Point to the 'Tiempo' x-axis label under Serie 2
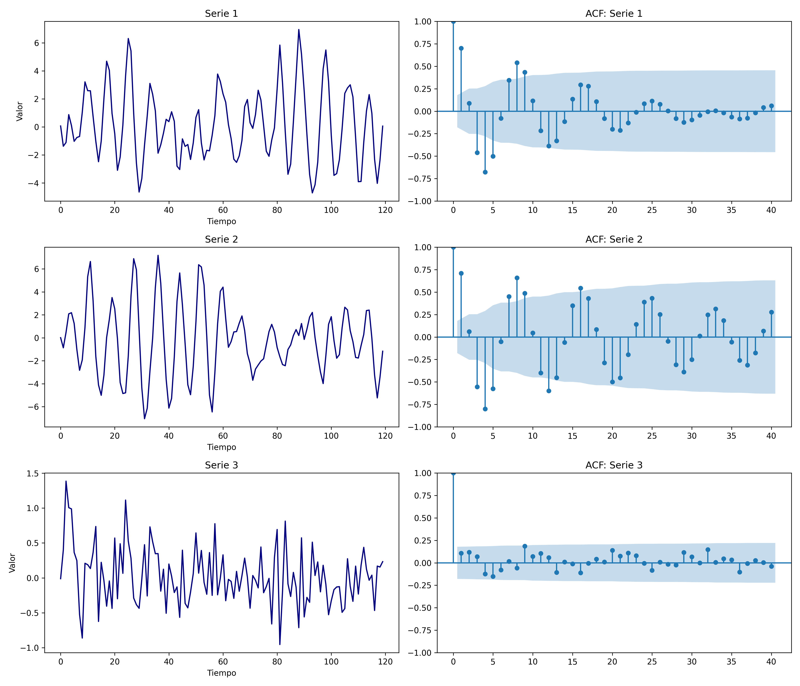coord(221,447)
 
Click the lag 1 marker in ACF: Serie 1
coord(461,48)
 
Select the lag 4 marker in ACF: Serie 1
coord(485,172)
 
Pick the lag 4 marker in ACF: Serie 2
coord(485,409)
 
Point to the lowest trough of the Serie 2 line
coord(144,419)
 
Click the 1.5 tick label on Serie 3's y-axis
coord(33,474)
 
